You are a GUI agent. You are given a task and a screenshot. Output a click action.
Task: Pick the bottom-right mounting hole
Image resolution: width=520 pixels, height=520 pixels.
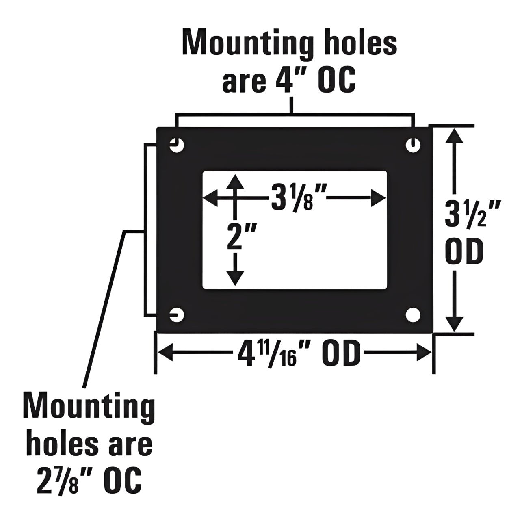coord(413,315)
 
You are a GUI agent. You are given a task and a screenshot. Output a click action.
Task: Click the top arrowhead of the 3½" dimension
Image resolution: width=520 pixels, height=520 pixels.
coord(455,136)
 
